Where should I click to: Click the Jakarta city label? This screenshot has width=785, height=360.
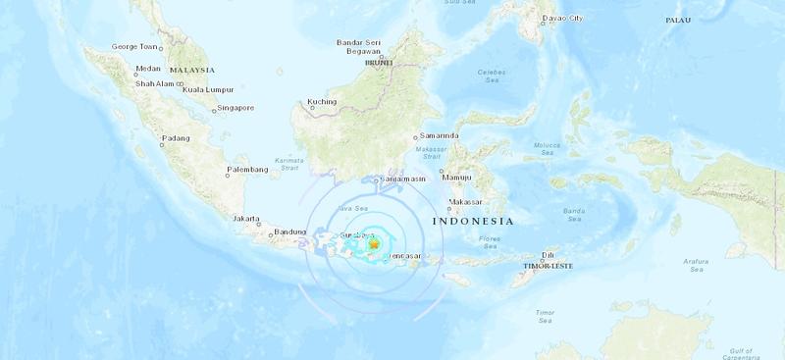coord(245,219)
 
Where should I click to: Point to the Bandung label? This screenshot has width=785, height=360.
coord(291,231)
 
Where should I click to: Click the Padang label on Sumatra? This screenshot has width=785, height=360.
coord(176,138)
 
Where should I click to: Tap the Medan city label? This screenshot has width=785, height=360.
coord(148,69)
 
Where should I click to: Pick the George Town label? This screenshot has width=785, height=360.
coord(135,46)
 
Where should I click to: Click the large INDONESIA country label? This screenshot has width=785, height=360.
coord(473,222)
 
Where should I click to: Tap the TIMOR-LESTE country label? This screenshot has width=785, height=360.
coord(551,265)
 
